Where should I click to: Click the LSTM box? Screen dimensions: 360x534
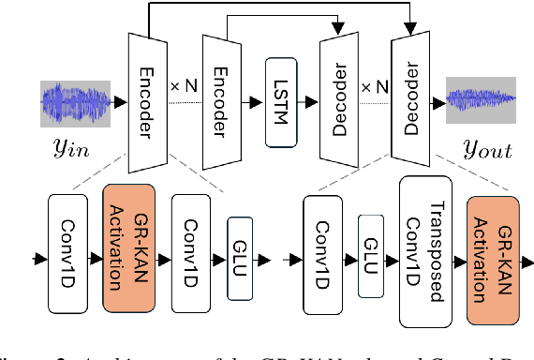pyautogui.click(x=280, y=101)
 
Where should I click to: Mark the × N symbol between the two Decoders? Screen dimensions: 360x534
pyautogui.click(x=373, y=85)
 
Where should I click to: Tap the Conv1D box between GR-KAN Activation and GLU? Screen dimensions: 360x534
pyautogui.click(x=190, y=252)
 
